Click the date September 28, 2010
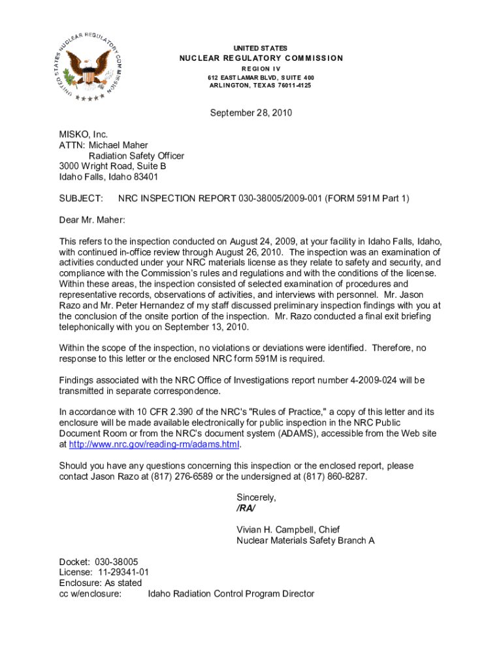point(251,113)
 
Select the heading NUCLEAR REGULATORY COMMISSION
point(261,58)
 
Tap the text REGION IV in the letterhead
point(261,68)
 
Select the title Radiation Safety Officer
point(137,155)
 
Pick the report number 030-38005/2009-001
point(284,198)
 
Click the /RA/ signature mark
point(246,508)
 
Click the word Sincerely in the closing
point(256,497)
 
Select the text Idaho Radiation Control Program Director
point(231,594)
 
